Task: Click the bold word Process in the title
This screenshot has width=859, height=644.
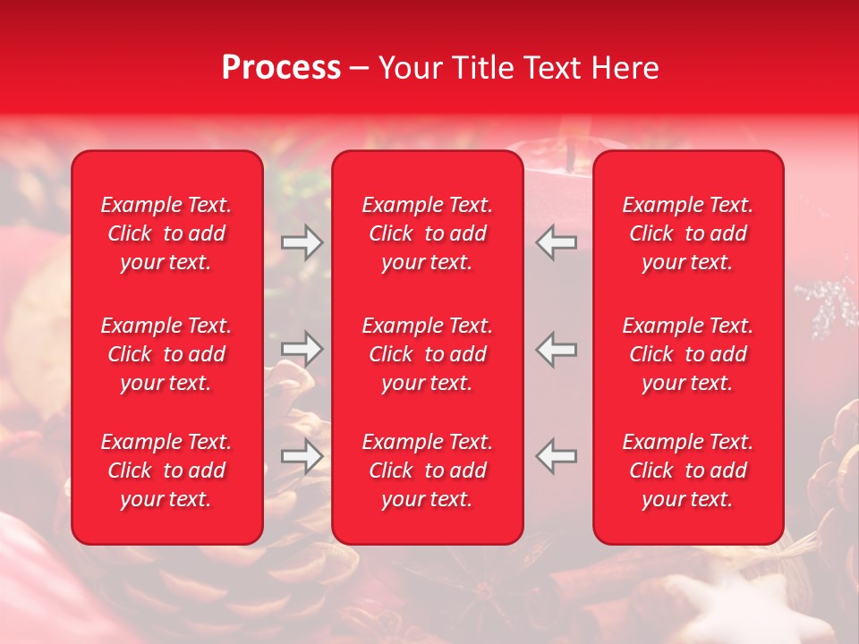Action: click(x=281, y=67)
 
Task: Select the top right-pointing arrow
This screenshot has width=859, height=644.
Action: click(x=302, y=241)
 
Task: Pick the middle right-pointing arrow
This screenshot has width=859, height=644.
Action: click(x=302, y=349)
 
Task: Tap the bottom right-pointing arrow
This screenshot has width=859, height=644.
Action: click(x=302, y=456)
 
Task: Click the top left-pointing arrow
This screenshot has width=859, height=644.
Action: click(x=557, y=241)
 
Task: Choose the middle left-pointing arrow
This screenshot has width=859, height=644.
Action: click(x=557, y=349)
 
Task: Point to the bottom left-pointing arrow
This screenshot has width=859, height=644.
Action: click(x=557, y=456)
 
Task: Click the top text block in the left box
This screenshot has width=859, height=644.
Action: click(x=166, y=233)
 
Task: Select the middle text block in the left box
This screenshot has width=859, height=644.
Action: click(x=166, y=354)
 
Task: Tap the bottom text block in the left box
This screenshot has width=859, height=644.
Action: click(x=166, y=470)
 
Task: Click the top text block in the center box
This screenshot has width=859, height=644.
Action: click(x=428, y=233)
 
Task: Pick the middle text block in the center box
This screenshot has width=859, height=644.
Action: click(x=428, y=354)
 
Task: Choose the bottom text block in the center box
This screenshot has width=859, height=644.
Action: click(x=428, y=470)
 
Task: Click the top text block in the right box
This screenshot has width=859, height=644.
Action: click(x=688, y=233)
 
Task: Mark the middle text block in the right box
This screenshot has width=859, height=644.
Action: click(x=688, y=354)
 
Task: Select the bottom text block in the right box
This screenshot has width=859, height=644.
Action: click(x=688, y=470)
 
